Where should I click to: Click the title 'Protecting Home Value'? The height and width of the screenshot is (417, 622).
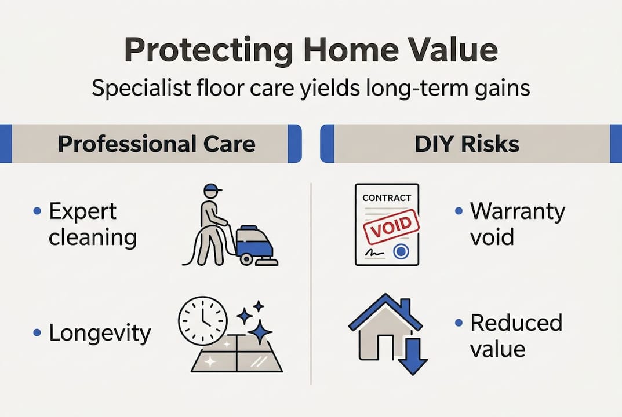[x=311, y=51]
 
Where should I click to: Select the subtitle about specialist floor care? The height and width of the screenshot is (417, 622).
[x=311, y=90]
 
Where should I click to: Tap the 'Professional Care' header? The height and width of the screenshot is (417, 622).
[x=157, y=144]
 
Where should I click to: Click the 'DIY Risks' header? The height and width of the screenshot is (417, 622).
[x=467, y=144]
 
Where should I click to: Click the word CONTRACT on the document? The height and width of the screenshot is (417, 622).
[x=386, y=198]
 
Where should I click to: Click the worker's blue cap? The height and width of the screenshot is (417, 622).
[x=213, y=189]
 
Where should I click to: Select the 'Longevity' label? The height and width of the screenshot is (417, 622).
[x=100, y=333]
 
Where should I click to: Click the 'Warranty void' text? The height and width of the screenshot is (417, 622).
[x=517, y=224]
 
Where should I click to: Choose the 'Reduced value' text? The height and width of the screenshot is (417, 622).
[x=516, y=336]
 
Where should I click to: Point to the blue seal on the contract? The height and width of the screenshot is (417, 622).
[x=399, y=251]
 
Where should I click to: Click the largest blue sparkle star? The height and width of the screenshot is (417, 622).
[x=259, y=332]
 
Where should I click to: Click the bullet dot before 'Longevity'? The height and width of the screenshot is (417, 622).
[x=37, y=333]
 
